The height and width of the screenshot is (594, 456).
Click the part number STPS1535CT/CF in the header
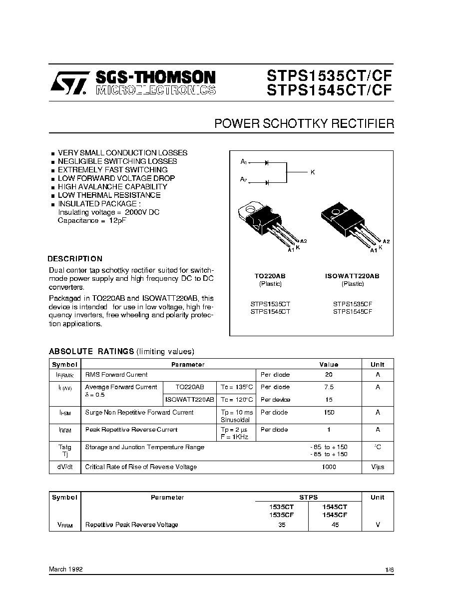(330, 75)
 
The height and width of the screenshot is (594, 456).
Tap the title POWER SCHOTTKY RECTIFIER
(304, 123)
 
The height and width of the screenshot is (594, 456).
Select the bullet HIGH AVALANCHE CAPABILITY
(112, 187)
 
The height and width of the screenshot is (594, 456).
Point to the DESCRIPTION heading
(75, 259)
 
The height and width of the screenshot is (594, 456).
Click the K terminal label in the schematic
(313, 172)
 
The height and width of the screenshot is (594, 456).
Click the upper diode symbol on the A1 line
(267, 162)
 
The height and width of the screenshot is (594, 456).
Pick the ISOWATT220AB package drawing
(349, 222)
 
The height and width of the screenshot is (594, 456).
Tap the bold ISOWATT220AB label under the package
(352, 276)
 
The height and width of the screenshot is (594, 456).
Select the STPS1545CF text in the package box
(353, 311)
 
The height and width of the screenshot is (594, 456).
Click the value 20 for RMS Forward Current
(329, 375)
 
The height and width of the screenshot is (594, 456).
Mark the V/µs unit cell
(378, 467)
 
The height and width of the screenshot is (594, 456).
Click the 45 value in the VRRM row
(335, 525)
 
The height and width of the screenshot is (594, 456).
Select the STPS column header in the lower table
(308, 498)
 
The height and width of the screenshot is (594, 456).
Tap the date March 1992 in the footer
(66, 569)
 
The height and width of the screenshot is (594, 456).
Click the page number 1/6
(390, 569)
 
